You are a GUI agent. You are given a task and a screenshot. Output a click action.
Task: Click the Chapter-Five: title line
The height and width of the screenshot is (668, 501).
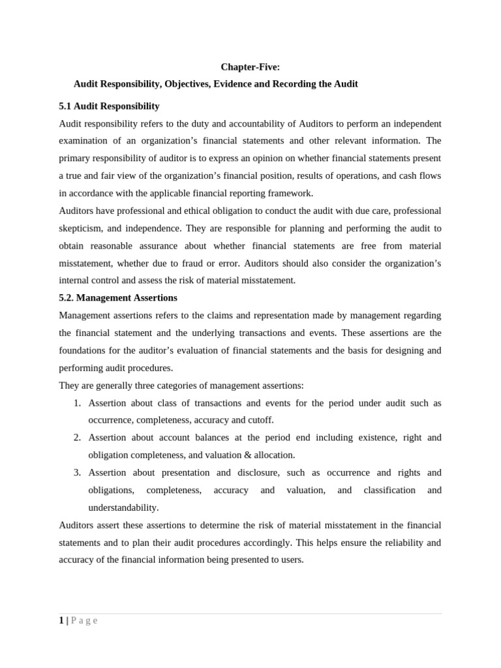point(250,67)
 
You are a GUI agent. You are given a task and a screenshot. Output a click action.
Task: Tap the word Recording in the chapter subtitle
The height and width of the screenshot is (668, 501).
point(316,84)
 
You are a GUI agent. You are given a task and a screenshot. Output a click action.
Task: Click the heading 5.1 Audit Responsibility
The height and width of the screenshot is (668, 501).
point(109,106)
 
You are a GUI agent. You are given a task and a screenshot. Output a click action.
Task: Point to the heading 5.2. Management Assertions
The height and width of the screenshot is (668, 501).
point(118,297)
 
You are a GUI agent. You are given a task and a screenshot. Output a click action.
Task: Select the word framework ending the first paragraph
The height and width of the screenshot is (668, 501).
point(291,193)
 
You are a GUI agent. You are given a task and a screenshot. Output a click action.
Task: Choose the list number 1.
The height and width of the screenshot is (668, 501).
point(77,403)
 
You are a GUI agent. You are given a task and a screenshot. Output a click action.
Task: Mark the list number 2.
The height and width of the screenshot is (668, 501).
point(77,438)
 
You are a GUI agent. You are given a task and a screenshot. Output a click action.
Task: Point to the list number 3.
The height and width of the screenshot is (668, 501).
point(77,472)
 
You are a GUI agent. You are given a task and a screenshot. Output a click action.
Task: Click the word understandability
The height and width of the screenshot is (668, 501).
point(123,508)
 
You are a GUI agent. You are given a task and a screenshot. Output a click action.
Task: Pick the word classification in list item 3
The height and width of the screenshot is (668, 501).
point(389,490)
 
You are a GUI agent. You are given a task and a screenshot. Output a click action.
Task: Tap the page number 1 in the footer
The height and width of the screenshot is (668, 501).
point(61,620)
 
